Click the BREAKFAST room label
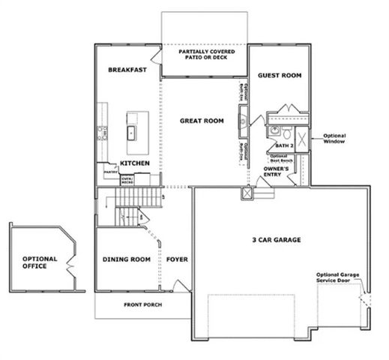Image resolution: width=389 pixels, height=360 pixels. pyautogui.click(x=125, y=70)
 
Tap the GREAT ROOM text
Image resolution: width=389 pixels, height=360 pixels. pyautogui.click(x=202, y=120)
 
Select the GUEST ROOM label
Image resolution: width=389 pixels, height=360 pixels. pyautogui.click(x=280, y=76)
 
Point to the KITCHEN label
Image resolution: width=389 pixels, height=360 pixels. pyautogui.click(x=134, y=163)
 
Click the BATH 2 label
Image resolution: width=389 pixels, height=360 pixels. pyautogui.click(x=283, y=145)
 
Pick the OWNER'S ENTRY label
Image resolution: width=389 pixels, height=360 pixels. pyautogui.click(x=277, y=173)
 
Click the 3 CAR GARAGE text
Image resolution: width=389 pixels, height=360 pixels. pyautogui.click(x=276, y=241)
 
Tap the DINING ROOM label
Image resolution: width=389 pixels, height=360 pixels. pyautogui.click(x=126, y=259)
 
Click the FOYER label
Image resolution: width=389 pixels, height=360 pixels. pyautogui.click(x=177, y=259)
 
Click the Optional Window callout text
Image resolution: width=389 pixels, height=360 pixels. pyautogui.click(x=335, y=139)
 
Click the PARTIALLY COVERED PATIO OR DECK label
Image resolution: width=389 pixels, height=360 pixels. pyautogui.click(x=204, y=55)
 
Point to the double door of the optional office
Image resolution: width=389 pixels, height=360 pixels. pyautogui.click(x=69, y=264)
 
